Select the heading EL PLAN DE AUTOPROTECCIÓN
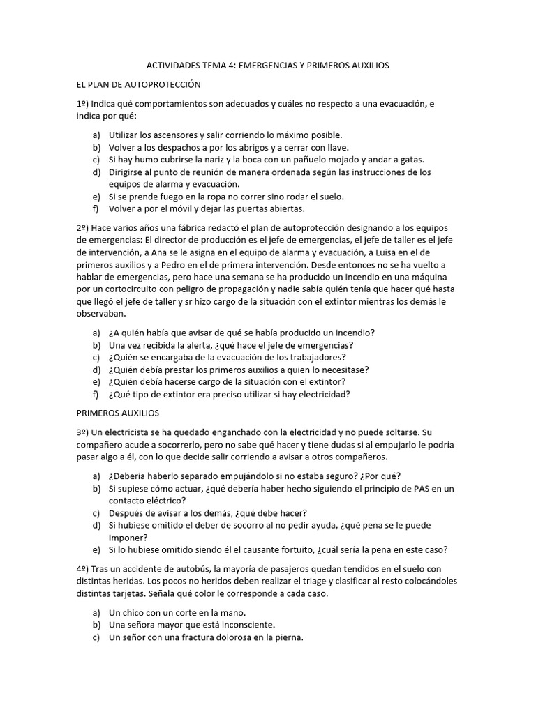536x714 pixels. pos(138,84)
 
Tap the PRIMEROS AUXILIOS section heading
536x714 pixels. pos(118,413)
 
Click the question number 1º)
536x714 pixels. pos(84,104)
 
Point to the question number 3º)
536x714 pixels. pos(84,432)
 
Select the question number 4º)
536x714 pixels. pos(84,569)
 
